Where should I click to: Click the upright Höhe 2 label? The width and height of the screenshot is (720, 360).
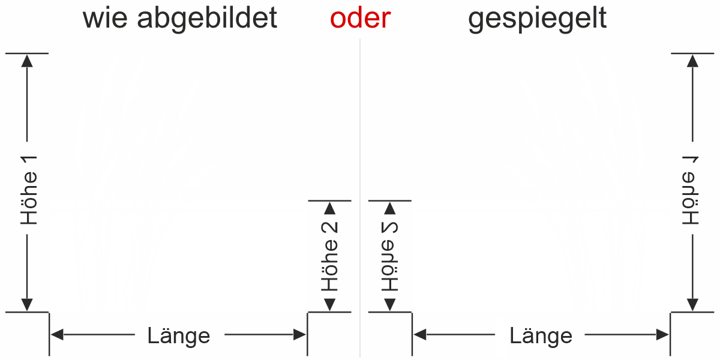point(329,257)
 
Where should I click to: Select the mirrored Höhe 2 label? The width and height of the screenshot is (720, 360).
point(390,257)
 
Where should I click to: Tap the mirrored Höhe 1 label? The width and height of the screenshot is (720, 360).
point(692,191)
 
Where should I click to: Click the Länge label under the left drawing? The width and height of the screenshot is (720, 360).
point(179,335)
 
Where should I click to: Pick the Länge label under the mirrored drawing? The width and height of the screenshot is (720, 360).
point(541,335)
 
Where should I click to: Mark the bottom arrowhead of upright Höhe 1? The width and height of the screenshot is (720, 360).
point(27,305)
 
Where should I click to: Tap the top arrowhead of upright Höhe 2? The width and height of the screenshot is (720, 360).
point(329,208)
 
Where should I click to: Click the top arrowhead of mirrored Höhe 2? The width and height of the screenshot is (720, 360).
point(390,208)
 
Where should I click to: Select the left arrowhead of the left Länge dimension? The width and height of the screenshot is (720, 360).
point(56,335)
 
